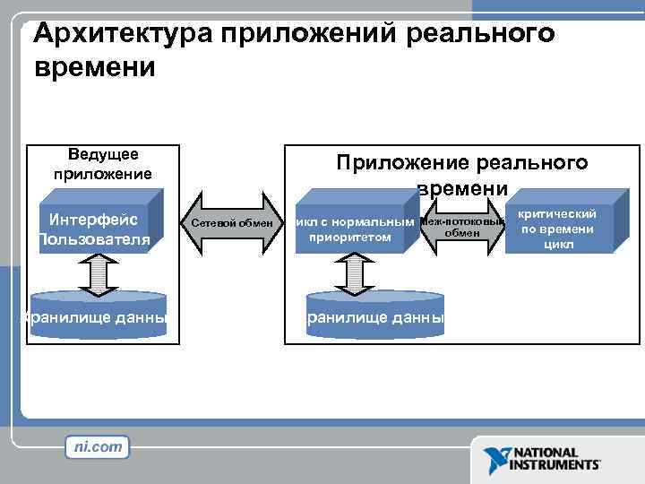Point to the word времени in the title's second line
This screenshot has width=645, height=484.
pyautogui.click(x=94, y=68)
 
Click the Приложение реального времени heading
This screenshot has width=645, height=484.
pyautogui.click(x=461, y=174)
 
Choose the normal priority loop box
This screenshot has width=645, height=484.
pyautogui.click(x=353, y=229)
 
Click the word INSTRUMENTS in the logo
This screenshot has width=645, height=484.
pyautogui.click(x=555, y=466)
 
